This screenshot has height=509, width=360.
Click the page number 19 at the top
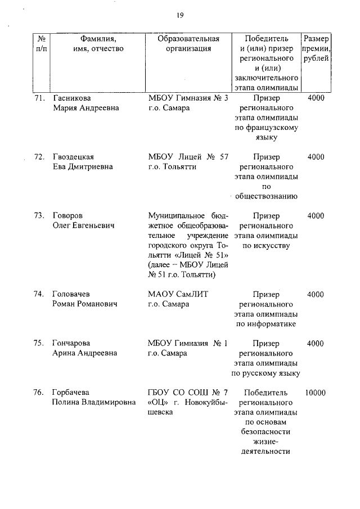pos(180,15)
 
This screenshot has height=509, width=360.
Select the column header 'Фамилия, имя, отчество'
pos(98,44)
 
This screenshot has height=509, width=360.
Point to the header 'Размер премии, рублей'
pos(316,49)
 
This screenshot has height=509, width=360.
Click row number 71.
pos(39,98)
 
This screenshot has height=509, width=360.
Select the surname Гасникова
pos(72,98)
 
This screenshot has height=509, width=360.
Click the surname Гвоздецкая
pos(73,157)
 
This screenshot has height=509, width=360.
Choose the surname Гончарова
pos(71,343)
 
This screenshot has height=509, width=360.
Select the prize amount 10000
pos(316,393)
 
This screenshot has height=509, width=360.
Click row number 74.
pos(39,294)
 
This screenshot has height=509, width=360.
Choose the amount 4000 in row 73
pos(316,216)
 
